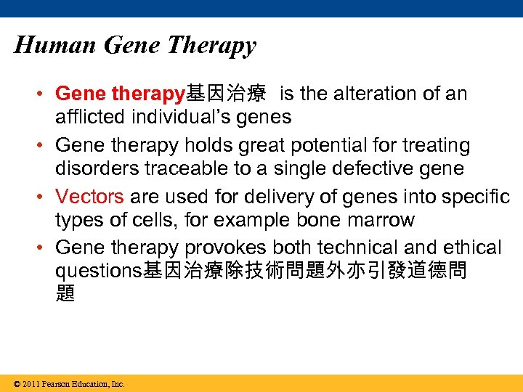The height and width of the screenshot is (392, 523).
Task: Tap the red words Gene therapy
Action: point(120,94)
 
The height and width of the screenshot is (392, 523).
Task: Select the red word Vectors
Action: point(89,197)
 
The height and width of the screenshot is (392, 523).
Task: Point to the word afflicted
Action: point(91,116)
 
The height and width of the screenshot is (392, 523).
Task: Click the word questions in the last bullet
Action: point(99,271)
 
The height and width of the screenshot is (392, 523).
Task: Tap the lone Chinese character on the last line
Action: point(65,294)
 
